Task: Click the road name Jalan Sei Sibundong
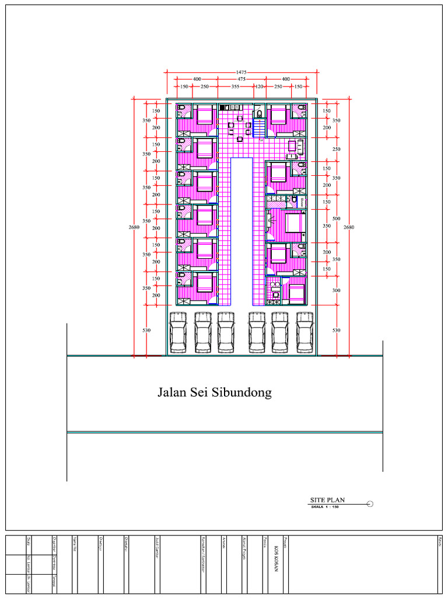click(214, 392)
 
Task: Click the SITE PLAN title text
click(327, 500)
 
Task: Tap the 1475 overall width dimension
click(242, 72)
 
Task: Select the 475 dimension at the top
click(242, 79)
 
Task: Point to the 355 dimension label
click(235, 86)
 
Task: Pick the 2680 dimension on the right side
click(349, 227)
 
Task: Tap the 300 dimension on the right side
click(336, 290)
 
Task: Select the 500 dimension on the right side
click(336, 219)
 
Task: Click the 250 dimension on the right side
click(336, 149)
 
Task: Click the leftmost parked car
click(178, 333)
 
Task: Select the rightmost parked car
click(305, 333)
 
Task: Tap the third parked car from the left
click(226, 333)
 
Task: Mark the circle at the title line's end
click(370, 503)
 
